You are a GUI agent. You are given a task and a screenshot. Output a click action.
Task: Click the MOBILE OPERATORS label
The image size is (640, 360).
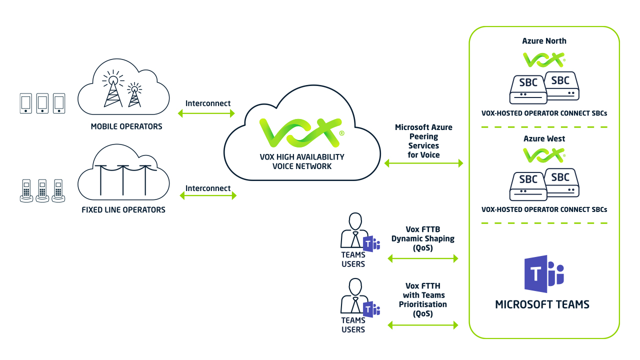pos(126,126)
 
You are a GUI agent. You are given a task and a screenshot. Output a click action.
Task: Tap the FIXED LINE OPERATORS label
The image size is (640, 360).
pos(123,209)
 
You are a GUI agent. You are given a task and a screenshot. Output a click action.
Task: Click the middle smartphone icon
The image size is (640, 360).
pos(42,103)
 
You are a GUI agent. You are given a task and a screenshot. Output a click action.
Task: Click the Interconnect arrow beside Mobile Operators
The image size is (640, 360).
pos(206,113)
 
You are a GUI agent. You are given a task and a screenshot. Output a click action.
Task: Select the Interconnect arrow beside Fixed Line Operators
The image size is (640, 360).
pos(208,196)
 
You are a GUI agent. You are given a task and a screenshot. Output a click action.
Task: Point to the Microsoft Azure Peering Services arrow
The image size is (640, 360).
pos(423,163)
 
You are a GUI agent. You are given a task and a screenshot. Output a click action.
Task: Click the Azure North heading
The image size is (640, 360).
pos(544,41)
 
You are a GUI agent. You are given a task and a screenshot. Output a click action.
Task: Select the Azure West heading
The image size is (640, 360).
pos(544,138)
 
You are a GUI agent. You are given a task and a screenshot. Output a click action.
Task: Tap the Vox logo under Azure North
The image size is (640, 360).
pos(543,60)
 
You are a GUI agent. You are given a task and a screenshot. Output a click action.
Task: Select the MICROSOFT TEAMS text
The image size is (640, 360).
pos(542,304)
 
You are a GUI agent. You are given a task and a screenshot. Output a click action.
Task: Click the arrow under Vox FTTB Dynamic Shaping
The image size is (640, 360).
pos(423,258)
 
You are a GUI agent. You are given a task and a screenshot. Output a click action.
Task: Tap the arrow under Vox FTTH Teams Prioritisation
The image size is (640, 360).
pos(423,325)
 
